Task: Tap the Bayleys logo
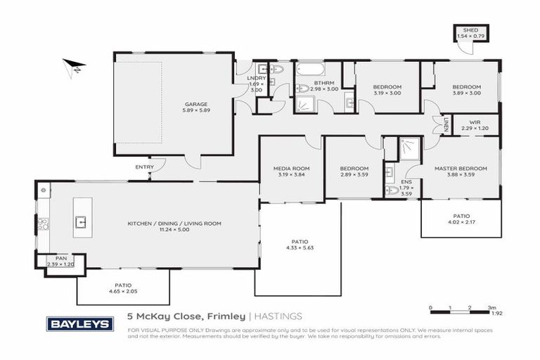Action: coord(79,323)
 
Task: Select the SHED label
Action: coord(466,30)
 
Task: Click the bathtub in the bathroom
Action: coord(309,70)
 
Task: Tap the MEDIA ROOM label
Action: coord(291,169)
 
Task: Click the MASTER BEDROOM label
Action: coord(461,169)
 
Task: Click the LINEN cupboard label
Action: coord(446,125)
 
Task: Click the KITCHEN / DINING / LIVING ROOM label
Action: coord(174,224)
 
